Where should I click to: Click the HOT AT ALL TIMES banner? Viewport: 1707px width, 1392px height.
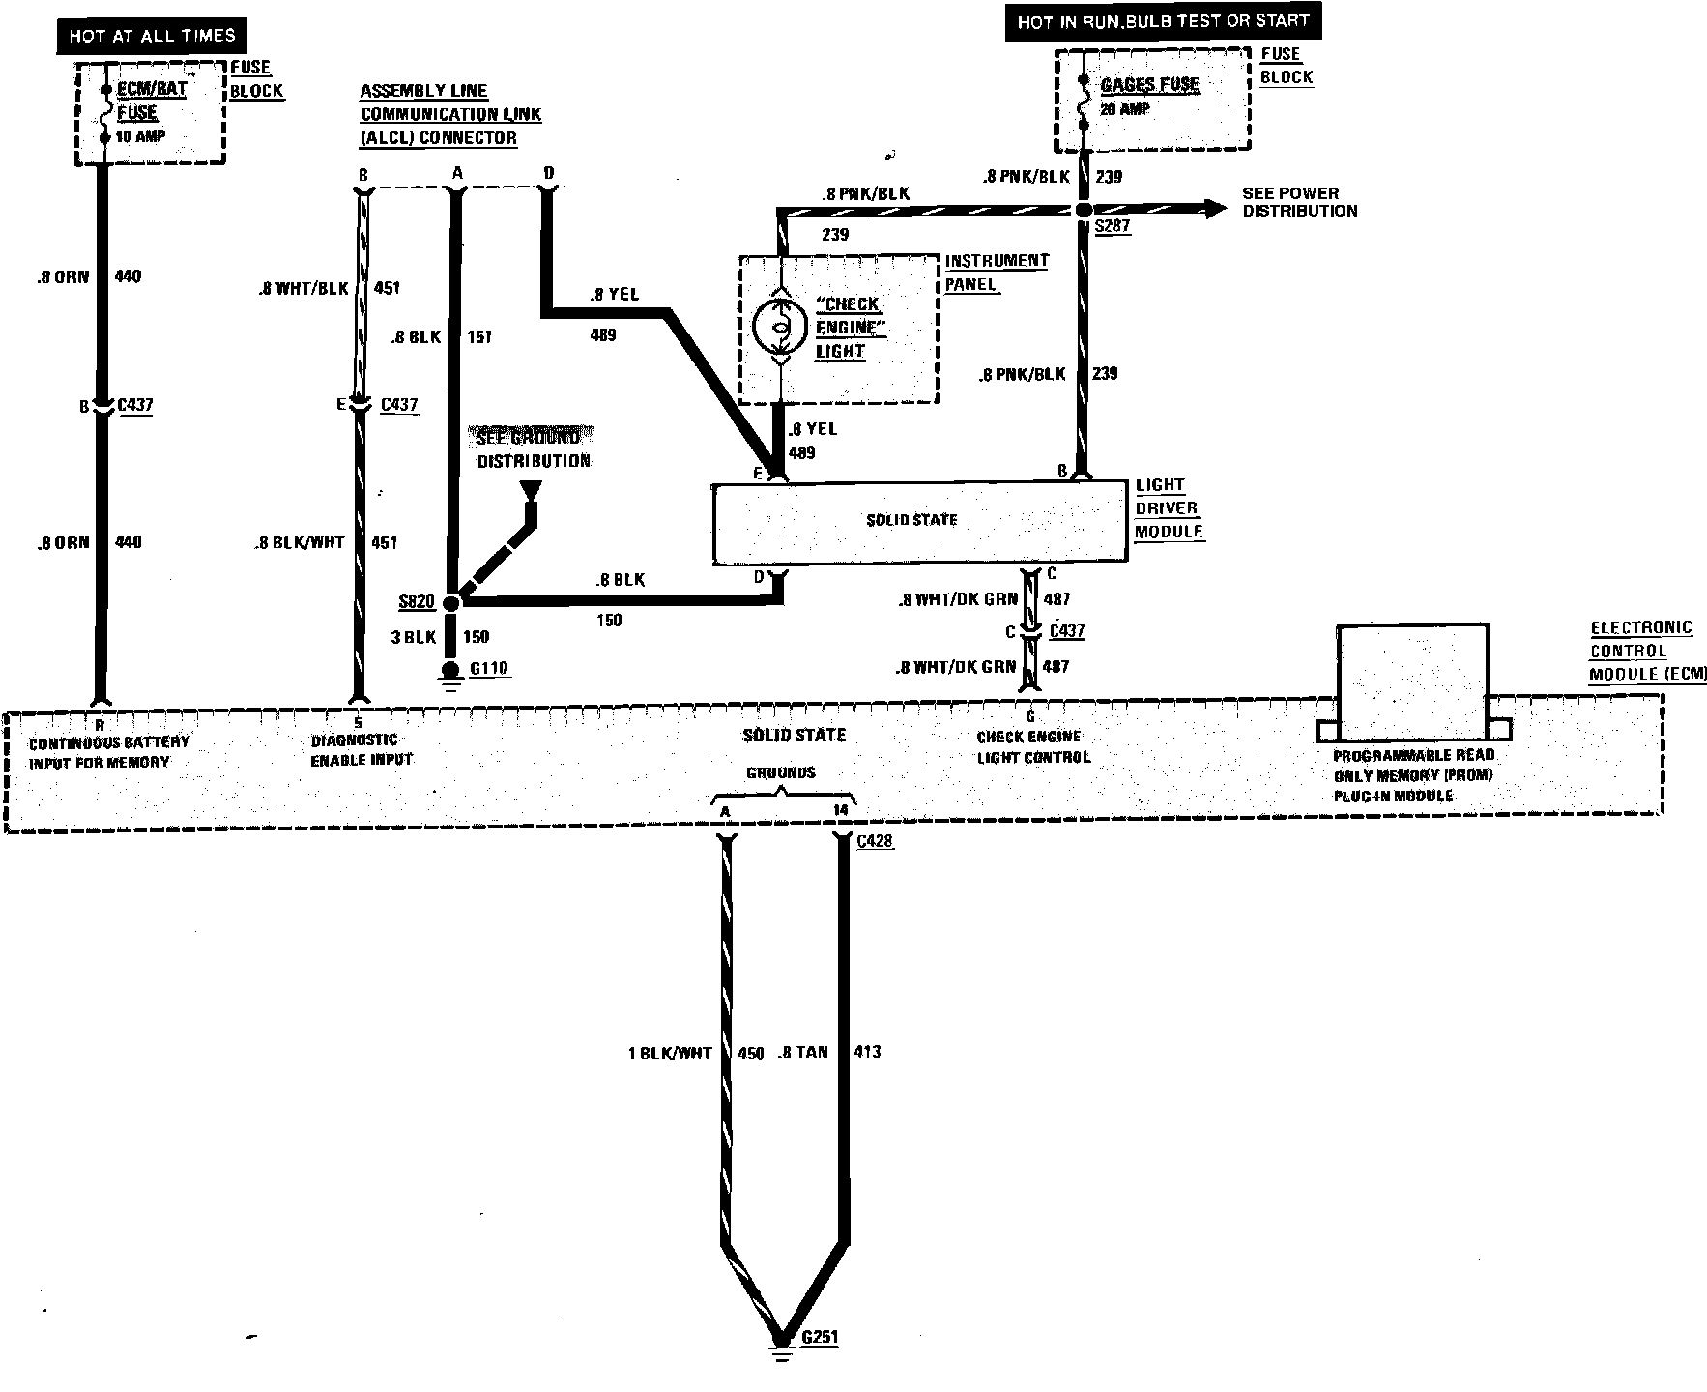tap(152, 37)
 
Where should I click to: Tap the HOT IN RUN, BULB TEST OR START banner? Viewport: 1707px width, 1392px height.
tap(1163, 21)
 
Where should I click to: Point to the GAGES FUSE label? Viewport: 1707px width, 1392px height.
tap(1149, 85)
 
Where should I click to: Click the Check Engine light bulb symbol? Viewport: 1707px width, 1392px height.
tap(780, 328)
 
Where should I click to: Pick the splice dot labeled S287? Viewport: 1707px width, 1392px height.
tap(1084, 210)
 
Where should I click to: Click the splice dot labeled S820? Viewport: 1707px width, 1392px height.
tap(451, 602)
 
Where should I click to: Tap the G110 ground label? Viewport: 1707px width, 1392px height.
tap(488, 668)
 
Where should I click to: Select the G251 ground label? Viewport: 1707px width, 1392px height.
tap(820, 1338)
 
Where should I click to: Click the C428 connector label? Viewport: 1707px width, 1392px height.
tap(875, 840)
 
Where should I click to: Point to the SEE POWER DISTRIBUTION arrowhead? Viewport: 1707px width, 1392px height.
tap(1213, 209)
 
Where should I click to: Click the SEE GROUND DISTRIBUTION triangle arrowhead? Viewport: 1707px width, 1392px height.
tap(530, 490)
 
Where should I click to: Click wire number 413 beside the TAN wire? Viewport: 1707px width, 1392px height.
tap(867, 1052)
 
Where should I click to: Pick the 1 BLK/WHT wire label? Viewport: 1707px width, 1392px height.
tap(669, 1053)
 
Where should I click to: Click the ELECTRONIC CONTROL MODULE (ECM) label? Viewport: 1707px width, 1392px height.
tap(1647, 651)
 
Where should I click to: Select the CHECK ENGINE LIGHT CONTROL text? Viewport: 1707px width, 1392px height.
tap(1032, 747)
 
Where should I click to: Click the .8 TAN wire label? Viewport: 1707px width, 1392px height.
tap(802, 1052)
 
